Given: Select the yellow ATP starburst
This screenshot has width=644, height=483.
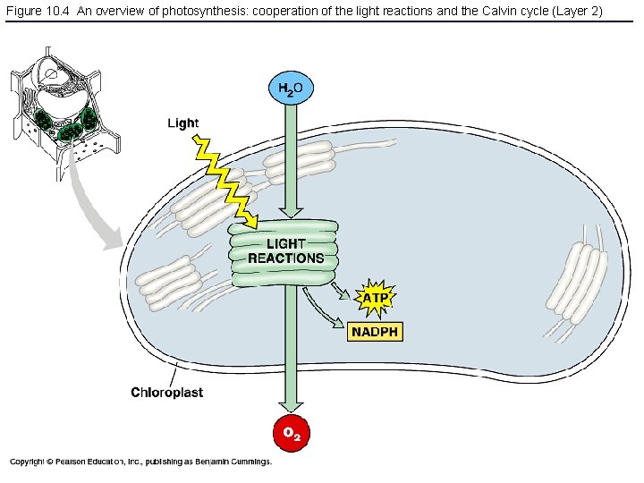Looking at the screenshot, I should pyautogui.click(x=375, y=296).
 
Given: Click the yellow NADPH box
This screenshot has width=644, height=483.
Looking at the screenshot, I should pyautogui.click(x=375, y=332).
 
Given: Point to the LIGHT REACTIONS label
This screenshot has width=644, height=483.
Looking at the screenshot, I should pyautogui.click(x=285, y=251).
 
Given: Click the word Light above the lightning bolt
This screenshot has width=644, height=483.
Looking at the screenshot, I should pyautogui.click(x=183, y=123).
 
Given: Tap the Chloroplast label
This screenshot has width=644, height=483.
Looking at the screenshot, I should pyautogui.click(x=166, y=393).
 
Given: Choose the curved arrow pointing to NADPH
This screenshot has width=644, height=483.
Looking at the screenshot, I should pyautogui.click(x=322, y=318).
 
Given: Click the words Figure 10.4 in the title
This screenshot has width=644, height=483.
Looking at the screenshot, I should pyautogui.click(x=36, y=10).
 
